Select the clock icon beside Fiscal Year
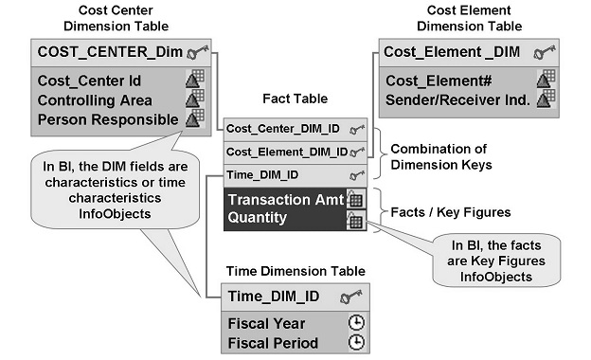pos(356,323)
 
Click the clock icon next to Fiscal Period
pos(356,342)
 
